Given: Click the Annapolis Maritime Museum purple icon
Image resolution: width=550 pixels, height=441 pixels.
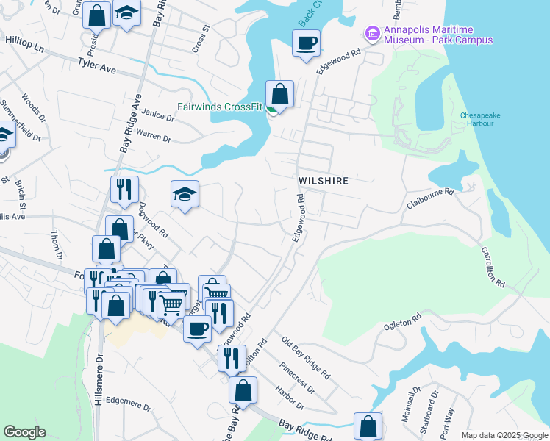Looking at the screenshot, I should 372,34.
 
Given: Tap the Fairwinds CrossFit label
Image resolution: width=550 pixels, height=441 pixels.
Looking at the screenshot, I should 220,107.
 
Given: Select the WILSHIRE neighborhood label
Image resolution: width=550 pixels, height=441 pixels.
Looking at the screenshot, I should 323,180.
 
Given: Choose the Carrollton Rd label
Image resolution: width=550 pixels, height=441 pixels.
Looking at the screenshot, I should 493,266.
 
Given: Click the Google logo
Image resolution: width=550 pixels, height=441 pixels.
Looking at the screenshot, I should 24,432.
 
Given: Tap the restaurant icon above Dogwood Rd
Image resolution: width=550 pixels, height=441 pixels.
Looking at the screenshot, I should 124,189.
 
